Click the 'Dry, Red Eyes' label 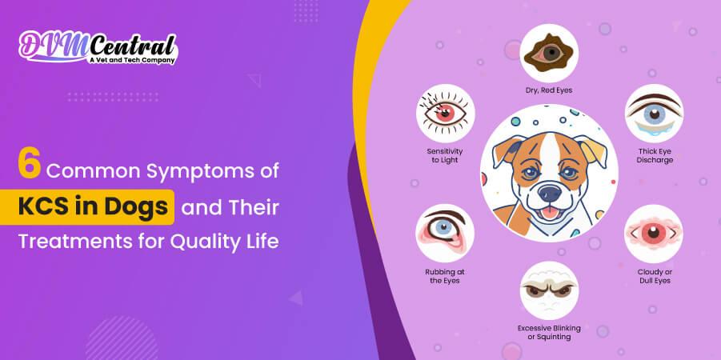pos(548,90)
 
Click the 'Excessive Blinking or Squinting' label pos(549,332)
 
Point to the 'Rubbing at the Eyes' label pos(445,276)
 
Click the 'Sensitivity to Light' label pos(445,155)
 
